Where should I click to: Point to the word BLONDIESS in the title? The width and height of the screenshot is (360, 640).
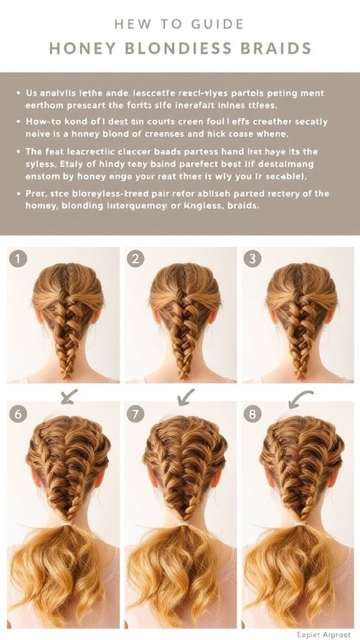pos(176,49)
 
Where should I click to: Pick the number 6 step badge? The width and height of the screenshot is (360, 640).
pos(18,413)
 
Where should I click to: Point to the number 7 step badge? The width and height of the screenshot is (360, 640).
pos(135,413)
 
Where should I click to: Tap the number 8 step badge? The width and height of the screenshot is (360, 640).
pos(252,413)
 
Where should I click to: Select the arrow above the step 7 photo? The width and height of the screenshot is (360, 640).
pos(186,396)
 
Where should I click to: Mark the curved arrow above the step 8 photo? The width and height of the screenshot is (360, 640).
pos(301,397)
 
